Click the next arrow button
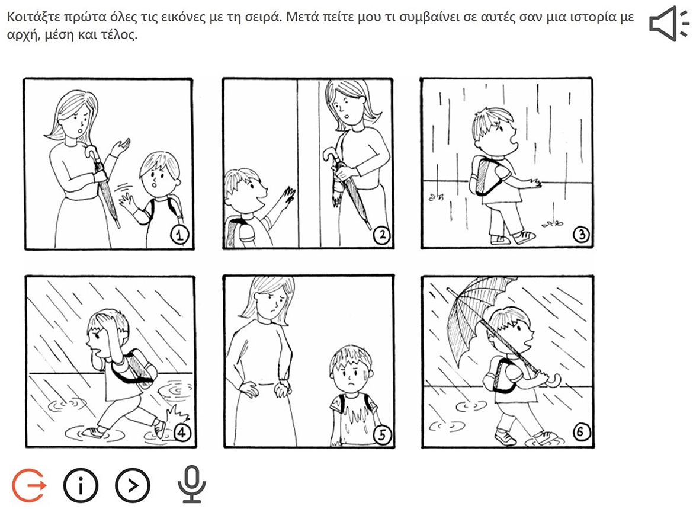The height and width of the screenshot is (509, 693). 133,485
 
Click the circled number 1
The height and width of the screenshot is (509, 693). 179,236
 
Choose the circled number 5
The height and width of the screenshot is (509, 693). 381,435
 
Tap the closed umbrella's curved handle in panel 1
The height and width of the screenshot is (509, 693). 92,153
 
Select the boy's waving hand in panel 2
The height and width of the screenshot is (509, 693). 288,196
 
